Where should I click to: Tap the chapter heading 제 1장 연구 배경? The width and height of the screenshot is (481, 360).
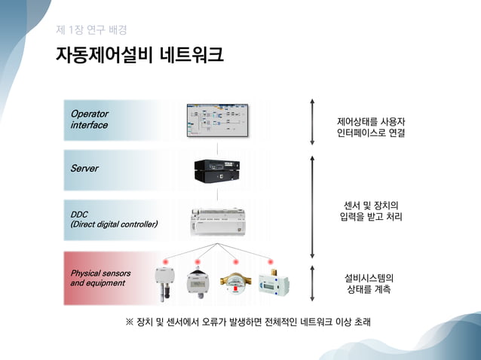pos(91,30)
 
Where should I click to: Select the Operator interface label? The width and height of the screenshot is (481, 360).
pos(90,120)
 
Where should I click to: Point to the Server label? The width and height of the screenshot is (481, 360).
pos(84,168)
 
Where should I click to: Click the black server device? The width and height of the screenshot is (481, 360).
pos(217,169)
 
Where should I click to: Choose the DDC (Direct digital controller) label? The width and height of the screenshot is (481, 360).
pos(114,219)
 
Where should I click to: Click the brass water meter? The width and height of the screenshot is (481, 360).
pos(235,281)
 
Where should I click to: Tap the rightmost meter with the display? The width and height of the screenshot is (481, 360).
pos(271,281)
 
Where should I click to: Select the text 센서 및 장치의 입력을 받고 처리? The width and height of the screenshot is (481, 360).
pos(371,211)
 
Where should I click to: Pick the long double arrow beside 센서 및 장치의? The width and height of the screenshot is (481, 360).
pos(311,207)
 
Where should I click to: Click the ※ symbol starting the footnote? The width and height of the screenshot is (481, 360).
pos(129,322)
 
